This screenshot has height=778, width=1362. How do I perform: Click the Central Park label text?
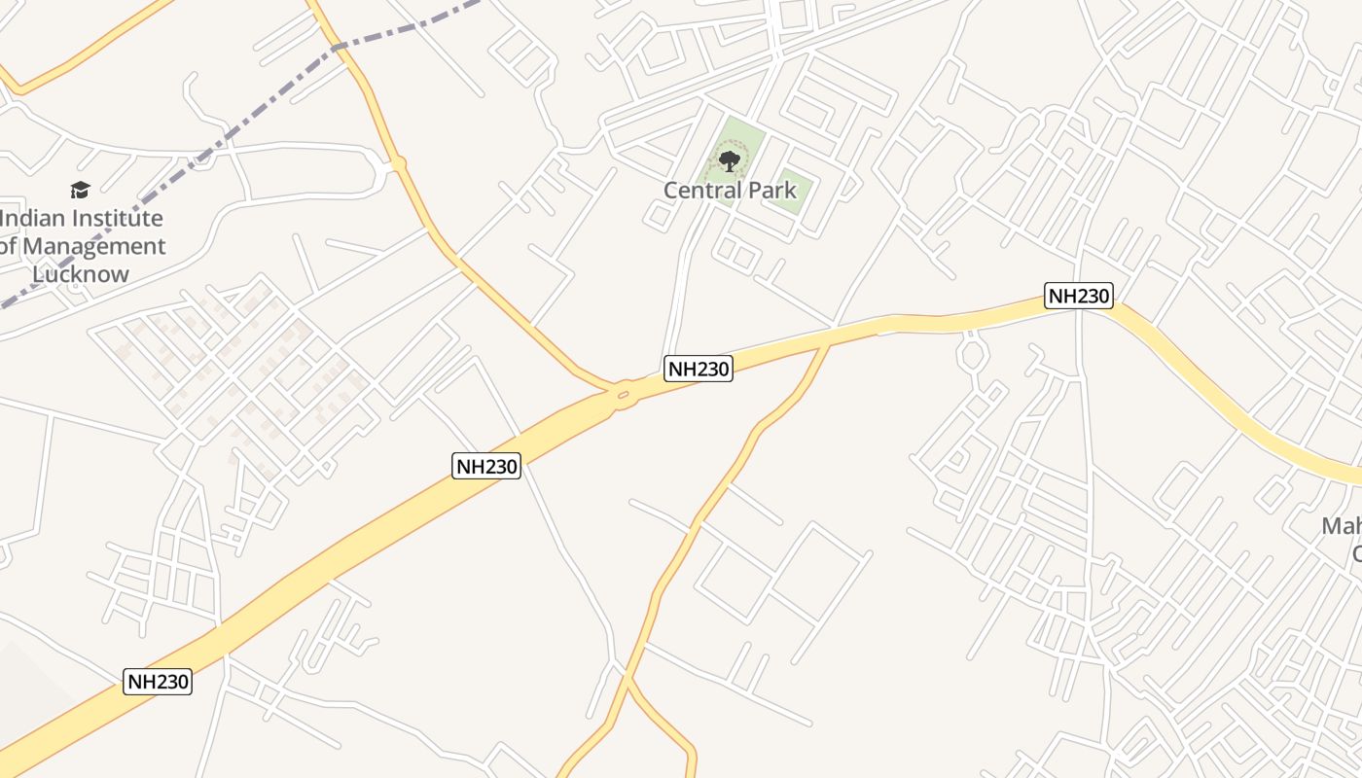point(730,191)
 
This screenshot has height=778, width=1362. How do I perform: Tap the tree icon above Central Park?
point(729,160)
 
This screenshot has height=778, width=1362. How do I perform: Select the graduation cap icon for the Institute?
point(80,190)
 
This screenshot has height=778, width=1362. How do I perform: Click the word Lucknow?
point(81,274)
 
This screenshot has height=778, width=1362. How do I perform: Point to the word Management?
point(93,247)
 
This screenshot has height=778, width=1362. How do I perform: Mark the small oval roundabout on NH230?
point(623,395)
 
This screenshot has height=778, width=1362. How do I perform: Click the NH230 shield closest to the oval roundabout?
point(698,369)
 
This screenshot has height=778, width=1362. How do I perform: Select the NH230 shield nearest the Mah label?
point(1078,296)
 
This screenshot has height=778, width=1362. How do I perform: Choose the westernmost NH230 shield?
point(159,682)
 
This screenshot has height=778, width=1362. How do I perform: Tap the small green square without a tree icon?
point(793,191)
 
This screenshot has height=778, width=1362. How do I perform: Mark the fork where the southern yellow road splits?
point(629,681)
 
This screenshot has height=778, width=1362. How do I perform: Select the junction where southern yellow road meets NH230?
point(828,343)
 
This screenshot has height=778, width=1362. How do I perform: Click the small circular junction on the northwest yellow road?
point(397,164)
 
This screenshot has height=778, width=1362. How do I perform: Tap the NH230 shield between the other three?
point(487,466)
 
